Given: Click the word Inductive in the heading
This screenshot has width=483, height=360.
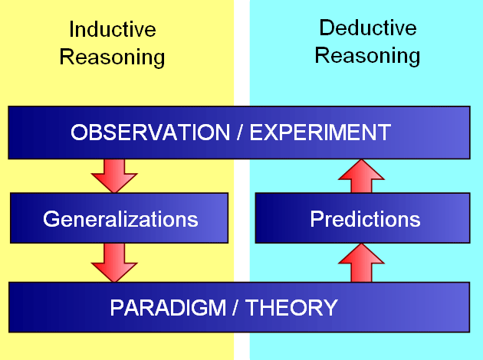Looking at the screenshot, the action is [x=113, y=30].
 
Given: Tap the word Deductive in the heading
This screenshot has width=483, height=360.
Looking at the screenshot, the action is [x=368, y=28].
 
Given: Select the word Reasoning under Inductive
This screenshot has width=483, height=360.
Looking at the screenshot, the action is [x=112, y=57].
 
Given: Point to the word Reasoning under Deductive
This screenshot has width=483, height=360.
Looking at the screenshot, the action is [x=367, y=56].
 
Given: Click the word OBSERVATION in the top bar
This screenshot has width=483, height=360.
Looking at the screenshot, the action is [x=150, y=133].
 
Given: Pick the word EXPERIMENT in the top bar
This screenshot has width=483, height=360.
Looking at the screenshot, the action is [x=320, y=133].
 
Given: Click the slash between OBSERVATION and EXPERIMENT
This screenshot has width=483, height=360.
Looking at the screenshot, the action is [x=240, y=133].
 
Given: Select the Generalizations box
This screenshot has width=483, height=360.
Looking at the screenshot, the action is [x=119, y=218].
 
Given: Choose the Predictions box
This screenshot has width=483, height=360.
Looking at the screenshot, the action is [x=363, y=218].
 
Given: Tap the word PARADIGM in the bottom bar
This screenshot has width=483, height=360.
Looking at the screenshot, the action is [x=168, y=308].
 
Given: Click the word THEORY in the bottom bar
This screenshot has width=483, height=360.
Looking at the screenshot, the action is [x=291, y=308].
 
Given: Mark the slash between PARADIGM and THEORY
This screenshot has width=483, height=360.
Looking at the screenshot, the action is [x=235, y=308].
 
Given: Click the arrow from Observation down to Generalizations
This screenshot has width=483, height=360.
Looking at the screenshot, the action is [x=114, y=176].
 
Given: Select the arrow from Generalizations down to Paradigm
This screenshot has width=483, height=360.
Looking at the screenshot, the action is [x=114, y=263].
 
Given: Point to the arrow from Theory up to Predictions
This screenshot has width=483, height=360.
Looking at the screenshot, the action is [x=361, y=263].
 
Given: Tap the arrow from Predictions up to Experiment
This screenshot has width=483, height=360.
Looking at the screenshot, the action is [x=361, y=176].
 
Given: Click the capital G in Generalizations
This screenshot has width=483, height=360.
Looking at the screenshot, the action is [x=51, y=219].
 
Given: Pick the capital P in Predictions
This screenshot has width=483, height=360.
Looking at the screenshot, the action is [x=317, y=219].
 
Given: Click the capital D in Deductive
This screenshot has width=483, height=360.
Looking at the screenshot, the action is [x=327, y=28].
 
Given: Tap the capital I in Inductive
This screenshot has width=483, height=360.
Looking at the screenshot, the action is [x=71, y=30].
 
